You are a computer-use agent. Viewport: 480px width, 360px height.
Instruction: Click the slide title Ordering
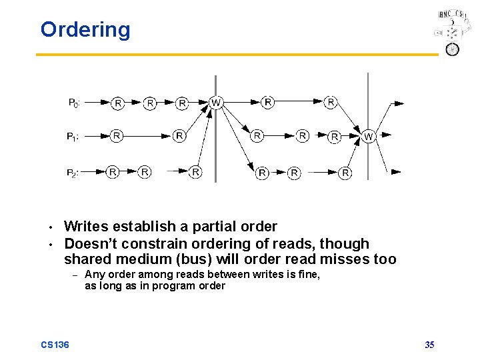tap(85, 30)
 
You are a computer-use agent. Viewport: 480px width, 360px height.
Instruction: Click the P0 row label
tap(75, 103)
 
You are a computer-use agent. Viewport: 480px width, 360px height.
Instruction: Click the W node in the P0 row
tap(216, 103)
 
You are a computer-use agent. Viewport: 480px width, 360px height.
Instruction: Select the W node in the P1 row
tap(369, 137)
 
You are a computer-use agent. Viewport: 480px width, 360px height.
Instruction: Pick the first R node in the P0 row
tap(118, 103)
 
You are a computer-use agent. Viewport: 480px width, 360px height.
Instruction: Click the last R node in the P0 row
tap(331, 102)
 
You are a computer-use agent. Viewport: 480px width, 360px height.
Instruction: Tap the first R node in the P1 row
tap(117, 136)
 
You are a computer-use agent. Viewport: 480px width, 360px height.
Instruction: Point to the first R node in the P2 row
tap(113, 172)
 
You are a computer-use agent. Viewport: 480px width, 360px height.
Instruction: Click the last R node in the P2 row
tap(345, 173)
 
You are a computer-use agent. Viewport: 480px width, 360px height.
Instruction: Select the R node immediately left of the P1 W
tap(335, 137)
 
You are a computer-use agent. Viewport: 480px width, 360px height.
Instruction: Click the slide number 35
tap(429, 345)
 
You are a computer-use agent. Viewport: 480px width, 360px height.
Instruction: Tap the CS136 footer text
tap(55, 345)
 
